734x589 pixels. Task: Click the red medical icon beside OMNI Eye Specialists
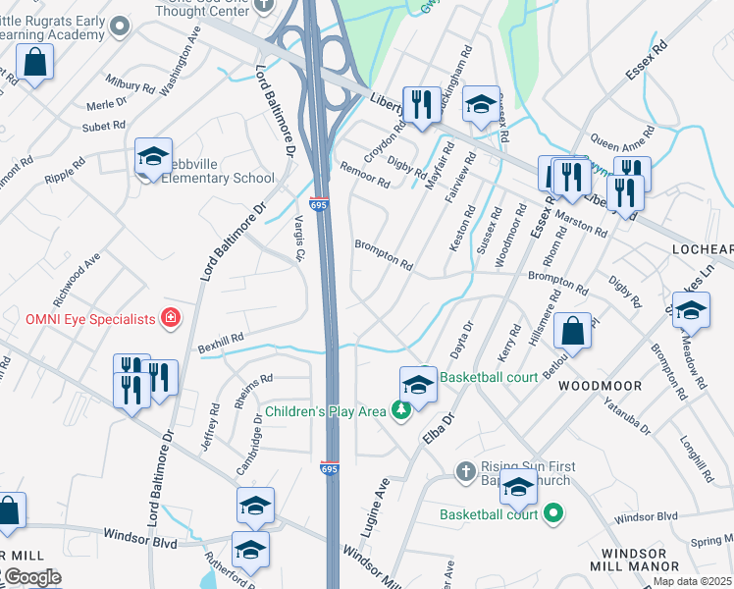171,318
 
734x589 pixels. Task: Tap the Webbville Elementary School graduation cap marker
153,158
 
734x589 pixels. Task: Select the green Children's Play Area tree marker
400,411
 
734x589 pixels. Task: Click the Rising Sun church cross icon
466,472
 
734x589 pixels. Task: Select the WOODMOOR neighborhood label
600,386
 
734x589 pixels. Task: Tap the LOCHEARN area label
702,250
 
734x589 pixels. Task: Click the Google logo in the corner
31,577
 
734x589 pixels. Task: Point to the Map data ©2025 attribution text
692,581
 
